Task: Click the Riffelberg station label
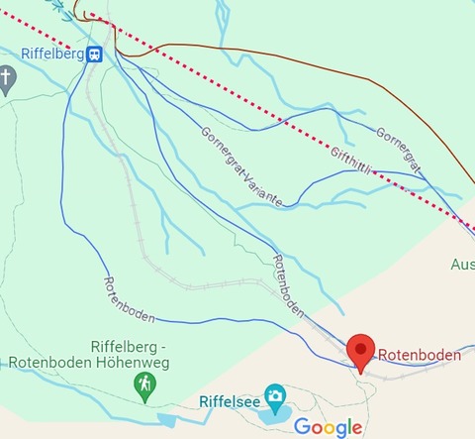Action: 51,55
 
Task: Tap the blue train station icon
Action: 95,55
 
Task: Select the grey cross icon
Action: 7,78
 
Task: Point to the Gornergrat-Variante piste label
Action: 241,166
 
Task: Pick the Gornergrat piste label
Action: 399,149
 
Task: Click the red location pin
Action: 361,352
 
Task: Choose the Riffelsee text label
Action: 230,402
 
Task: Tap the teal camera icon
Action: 274,395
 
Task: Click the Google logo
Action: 328,427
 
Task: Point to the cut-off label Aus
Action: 462,265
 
